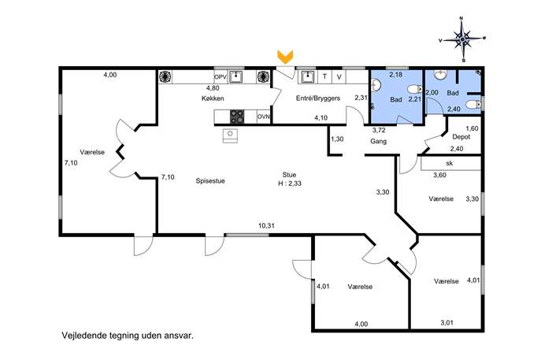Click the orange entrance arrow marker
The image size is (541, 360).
285,57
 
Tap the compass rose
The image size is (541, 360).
462,39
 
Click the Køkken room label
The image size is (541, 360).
213,98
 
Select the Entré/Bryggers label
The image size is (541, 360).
318,98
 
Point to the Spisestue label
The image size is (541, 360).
210,181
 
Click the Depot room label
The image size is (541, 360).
461,137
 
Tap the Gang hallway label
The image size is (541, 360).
379,141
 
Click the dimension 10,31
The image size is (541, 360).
266,226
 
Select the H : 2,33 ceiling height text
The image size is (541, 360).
290,184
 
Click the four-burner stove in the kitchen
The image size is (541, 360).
237,117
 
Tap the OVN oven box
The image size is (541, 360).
264,117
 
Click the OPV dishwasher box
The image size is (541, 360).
220,76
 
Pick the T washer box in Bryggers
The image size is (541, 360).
324,76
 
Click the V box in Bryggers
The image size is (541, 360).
339,76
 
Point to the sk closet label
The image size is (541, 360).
449,163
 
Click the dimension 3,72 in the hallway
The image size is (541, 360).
379,130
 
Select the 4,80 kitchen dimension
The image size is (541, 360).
213,88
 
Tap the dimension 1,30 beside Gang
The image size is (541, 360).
337,139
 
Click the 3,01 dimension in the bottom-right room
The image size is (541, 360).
447,323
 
